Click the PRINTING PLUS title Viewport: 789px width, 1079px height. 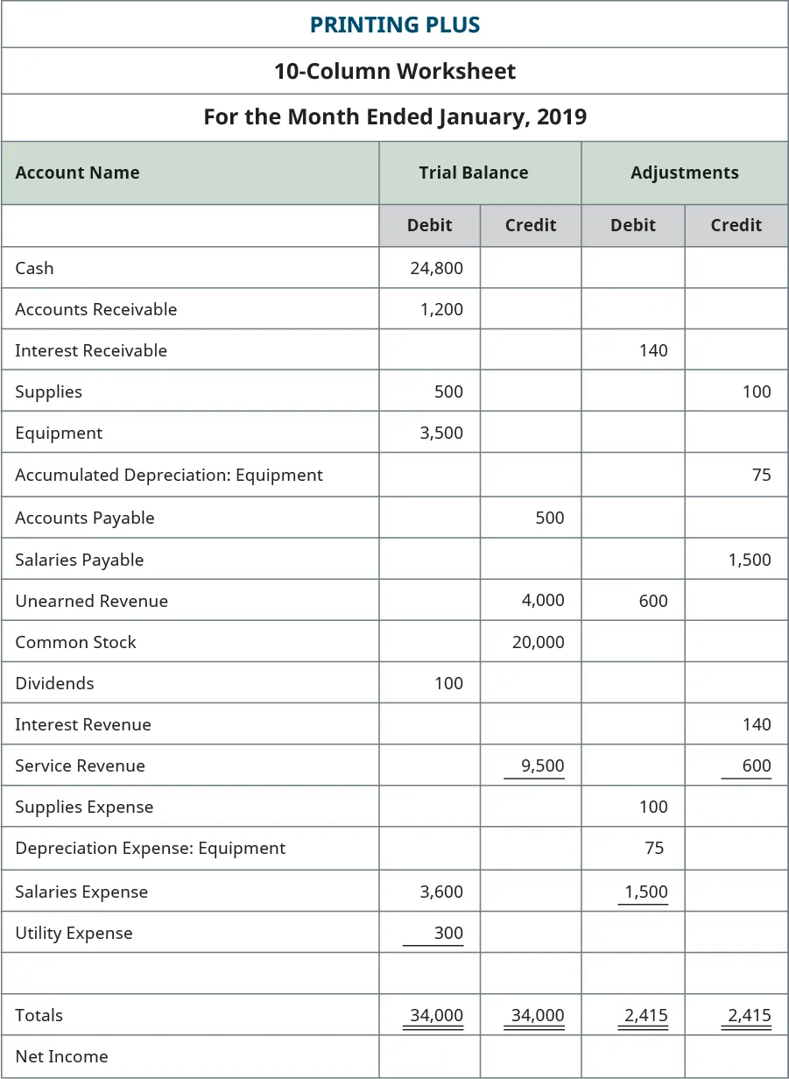tap(394, 25)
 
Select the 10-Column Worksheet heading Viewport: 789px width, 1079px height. tap(394, 71)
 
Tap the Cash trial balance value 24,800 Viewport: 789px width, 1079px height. tap(436, 268)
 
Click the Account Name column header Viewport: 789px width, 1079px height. tap(77, 173)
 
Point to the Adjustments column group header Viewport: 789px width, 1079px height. tap(684, 173)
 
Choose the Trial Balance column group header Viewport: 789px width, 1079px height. tap(473, 173)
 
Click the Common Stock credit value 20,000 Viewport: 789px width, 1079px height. tap(538, 642)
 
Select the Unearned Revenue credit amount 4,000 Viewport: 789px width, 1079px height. tap(543, 601)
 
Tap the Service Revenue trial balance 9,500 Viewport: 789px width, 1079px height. tap(543, 765)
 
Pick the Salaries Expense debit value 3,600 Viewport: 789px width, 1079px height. tap(441, 892)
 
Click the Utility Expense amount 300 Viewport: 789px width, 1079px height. tap(448, 933)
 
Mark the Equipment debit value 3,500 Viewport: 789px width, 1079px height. tap(441, 433)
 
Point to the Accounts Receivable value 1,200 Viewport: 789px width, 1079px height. tap(441, 309)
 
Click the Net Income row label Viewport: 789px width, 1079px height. tap(61, 1056)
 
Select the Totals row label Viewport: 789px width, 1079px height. tap(39, 1015)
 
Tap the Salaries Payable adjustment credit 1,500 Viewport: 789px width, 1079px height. tap(750, 560)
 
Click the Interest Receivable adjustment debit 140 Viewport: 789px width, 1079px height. tap(653, 350)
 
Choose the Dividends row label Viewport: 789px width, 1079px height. tap(54, 683)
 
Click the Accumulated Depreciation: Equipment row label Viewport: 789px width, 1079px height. tap(169, 475)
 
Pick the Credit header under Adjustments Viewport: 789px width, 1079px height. tap(736, 225)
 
